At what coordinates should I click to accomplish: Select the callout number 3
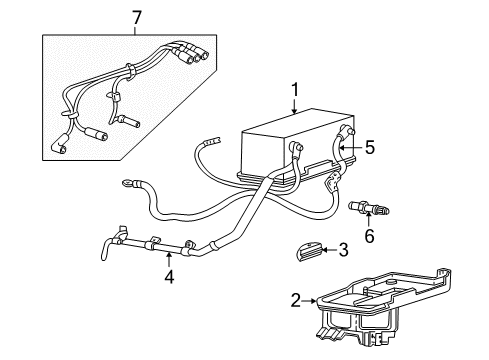click(x=342, y=249)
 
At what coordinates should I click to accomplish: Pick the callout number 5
click(x=369, y=148)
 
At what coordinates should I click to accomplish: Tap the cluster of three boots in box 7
click(x=188, y=54)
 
